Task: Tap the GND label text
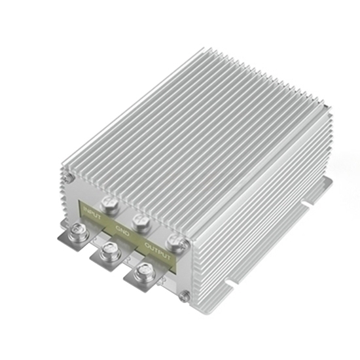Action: pyautogui.click(x=122, y=230)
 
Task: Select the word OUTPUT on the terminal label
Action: pyautogui.click(x=157, y=252)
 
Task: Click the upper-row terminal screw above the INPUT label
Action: pyautogui.click(x=108, y=204)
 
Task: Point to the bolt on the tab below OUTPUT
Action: pyautogui.click(x=143, y=272)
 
